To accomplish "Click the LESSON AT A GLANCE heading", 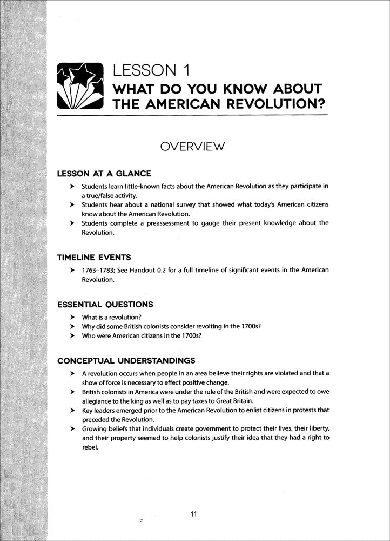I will [x=104, y=174].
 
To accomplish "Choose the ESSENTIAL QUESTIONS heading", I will [x=105, y=305].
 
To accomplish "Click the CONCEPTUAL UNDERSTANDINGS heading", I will [x=126, y=361].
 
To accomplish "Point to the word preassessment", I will [x=174, y=223].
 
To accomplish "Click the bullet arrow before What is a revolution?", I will [x=71, y=318].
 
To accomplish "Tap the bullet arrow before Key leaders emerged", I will [x=71, y=411].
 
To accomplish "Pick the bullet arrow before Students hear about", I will [x=71, y=205].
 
